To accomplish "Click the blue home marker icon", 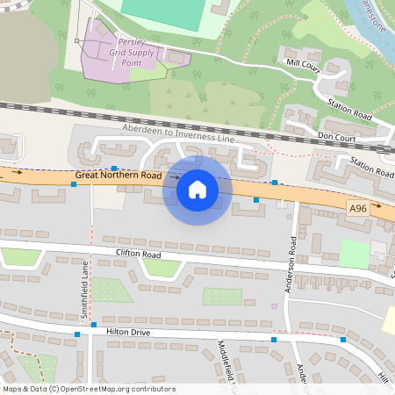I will [197, 189].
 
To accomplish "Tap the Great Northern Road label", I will [118, 176].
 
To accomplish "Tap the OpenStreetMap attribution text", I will [88, 389].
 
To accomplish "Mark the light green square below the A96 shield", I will [355, 254].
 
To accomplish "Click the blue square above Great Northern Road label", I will [114, 166].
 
